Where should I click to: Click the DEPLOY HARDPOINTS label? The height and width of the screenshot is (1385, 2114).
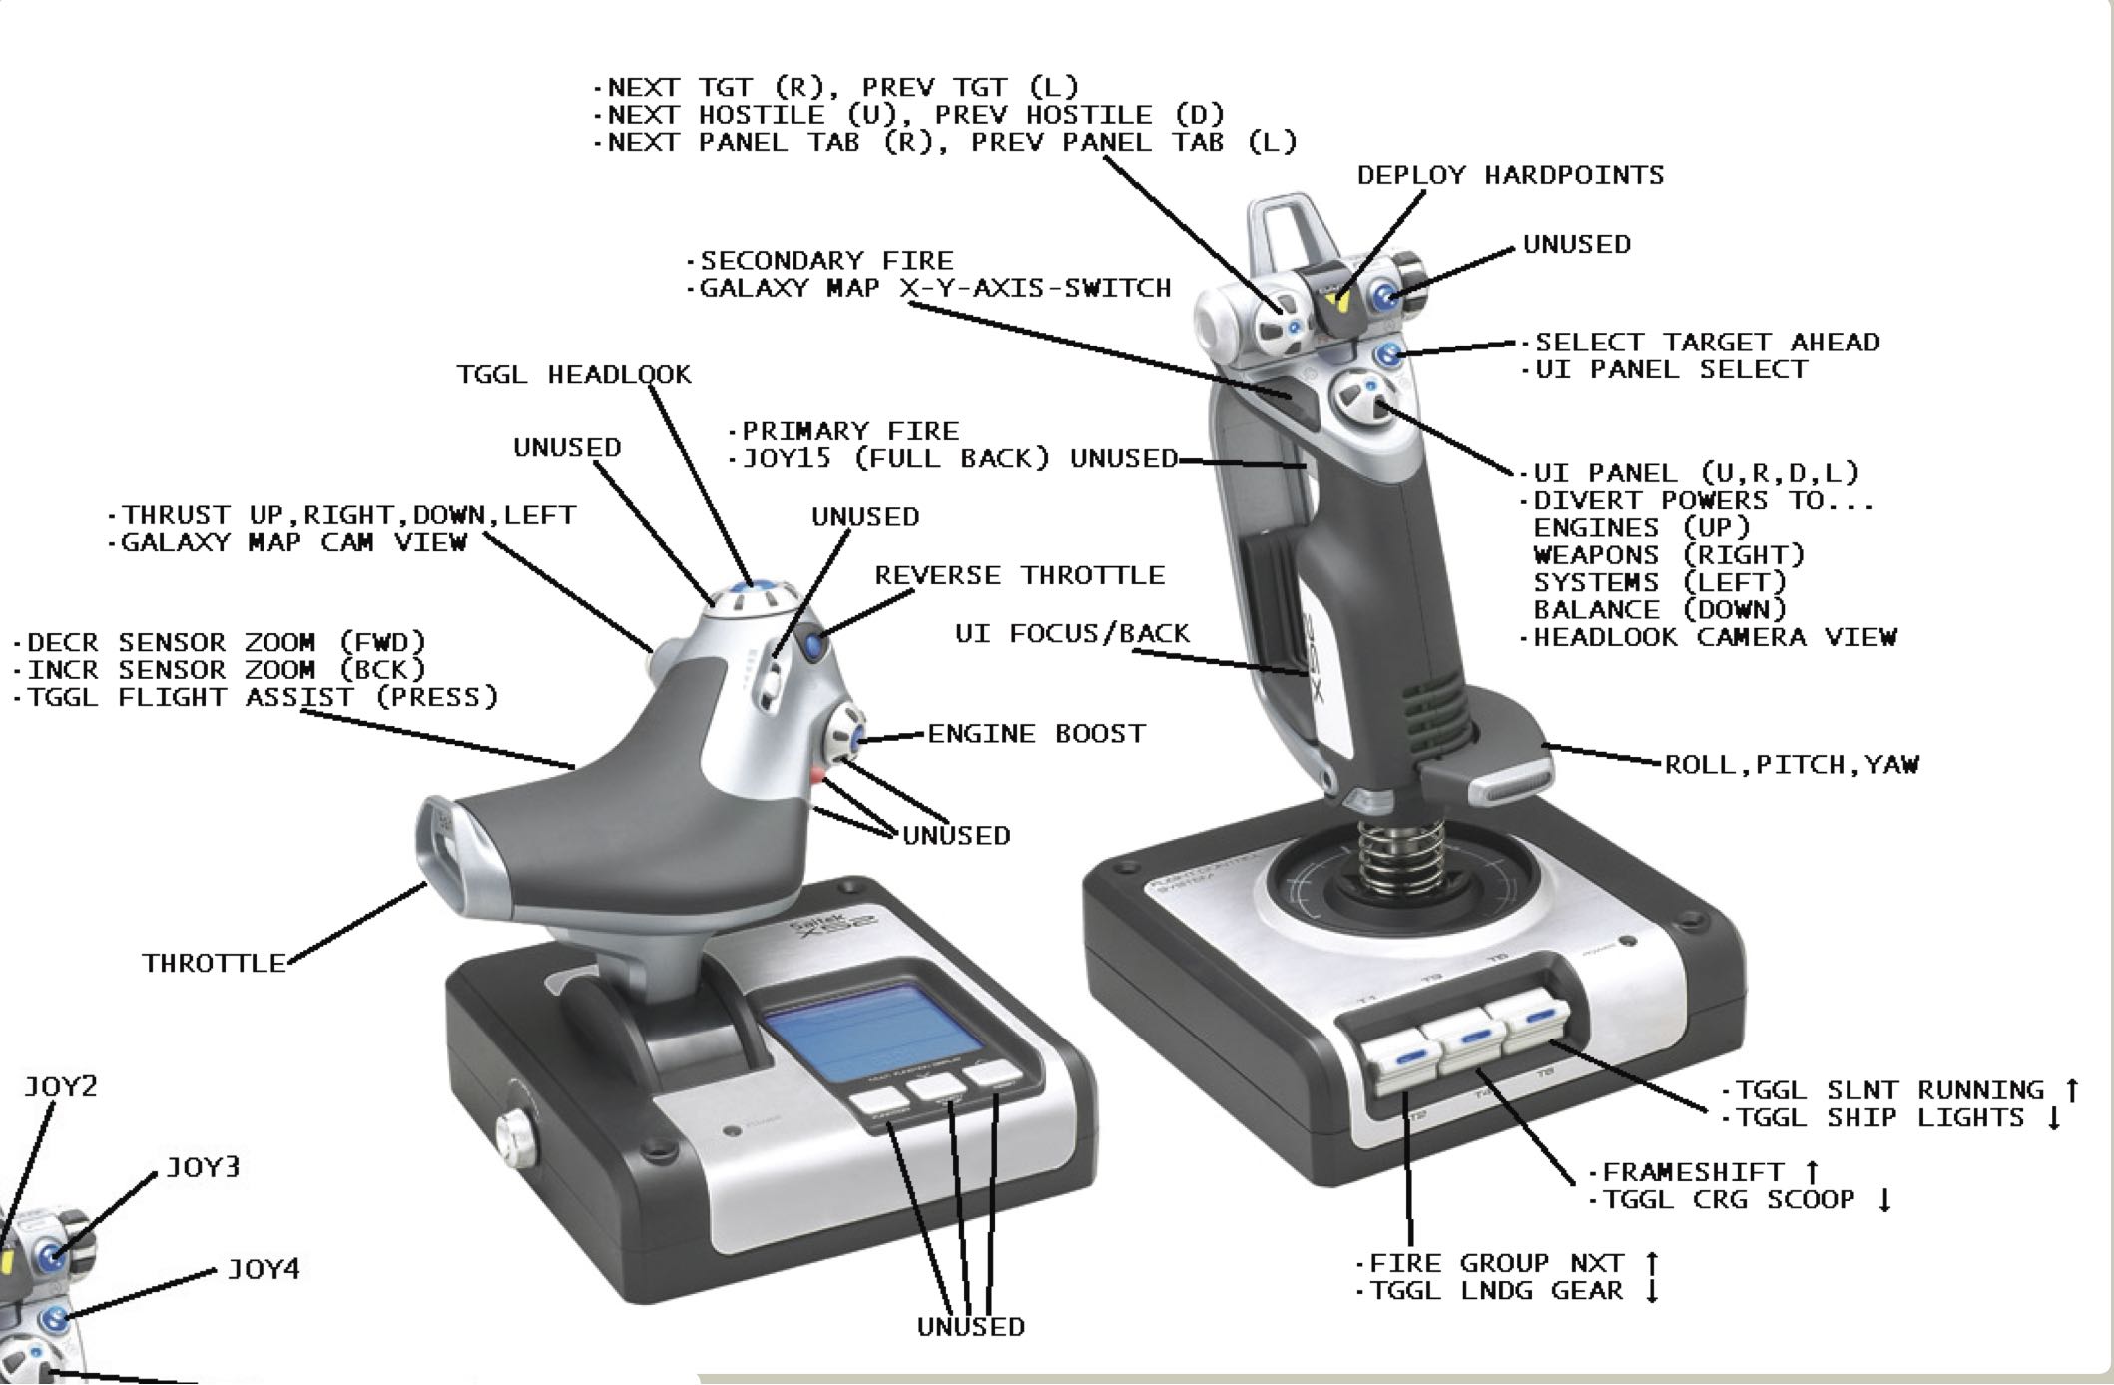click(1510, 176)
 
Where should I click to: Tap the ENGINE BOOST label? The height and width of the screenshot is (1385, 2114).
click(1036, 734)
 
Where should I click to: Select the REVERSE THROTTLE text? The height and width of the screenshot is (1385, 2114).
click(1019, 576)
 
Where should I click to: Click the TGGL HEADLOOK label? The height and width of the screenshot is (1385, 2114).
click(573, 375)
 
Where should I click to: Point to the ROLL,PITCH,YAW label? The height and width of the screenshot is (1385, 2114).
click(1792, 765)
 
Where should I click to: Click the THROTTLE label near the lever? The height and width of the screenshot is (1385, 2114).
click(214, 964)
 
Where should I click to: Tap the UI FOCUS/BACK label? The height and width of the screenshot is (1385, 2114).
click(1072, 634)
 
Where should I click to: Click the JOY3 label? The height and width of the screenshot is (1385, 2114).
click(202, 1168)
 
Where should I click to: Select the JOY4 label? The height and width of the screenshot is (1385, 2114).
click(263, 1270)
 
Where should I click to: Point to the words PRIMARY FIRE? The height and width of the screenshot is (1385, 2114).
click(849, 432)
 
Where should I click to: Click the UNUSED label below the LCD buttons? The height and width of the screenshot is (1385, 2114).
click(970, 1327)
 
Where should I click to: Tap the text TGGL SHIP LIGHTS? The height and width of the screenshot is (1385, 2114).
click(1879, 1118)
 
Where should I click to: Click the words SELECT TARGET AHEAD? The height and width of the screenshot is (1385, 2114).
click(1706, 344)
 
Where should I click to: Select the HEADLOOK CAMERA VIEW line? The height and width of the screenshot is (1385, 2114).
click(1714, 638)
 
